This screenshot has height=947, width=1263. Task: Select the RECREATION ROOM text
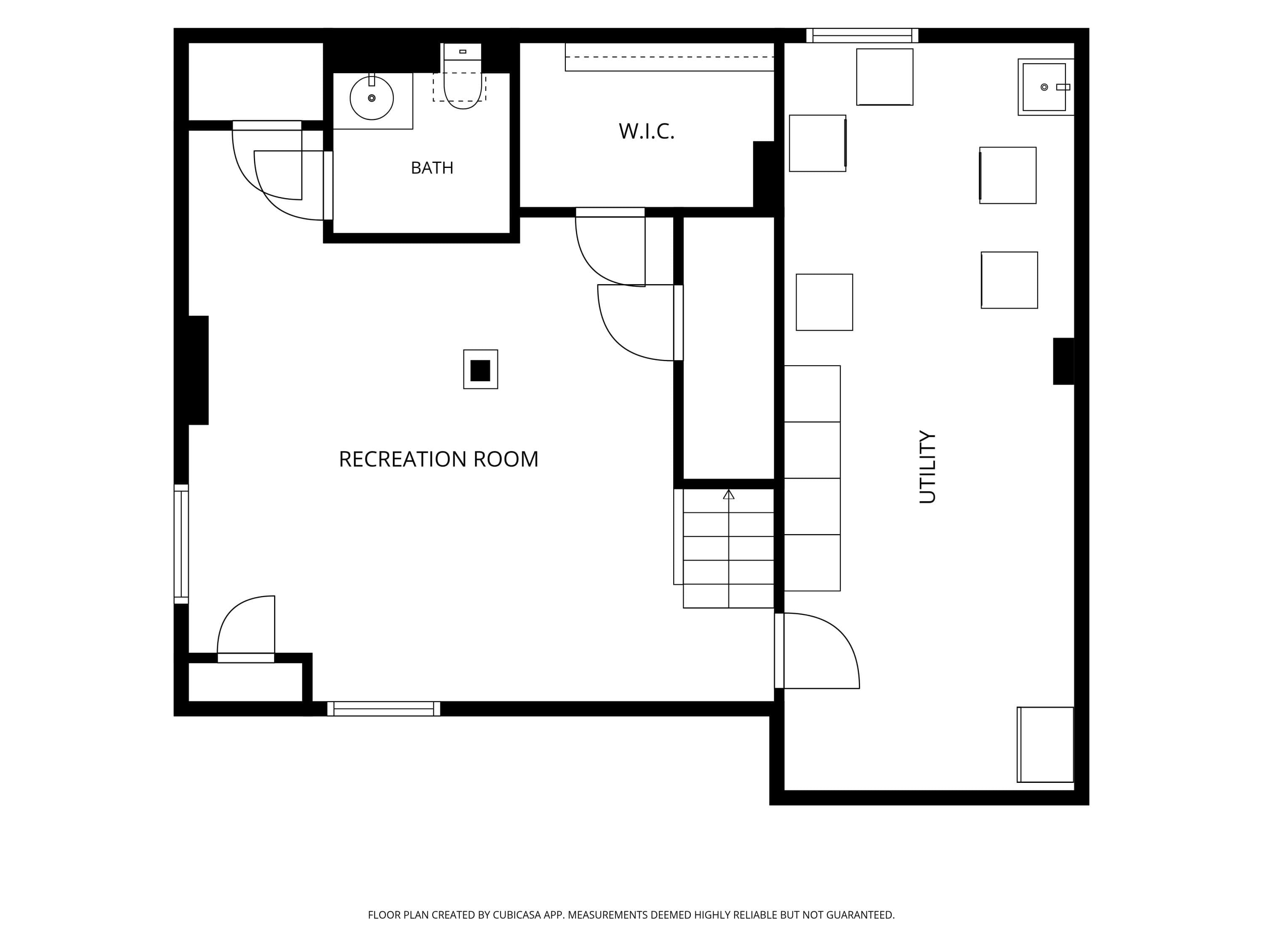[439, 459]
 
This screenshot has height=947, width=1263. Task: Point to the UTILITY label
[927, 467]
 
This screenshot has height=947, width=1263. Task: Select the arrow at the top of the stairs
[729, 495]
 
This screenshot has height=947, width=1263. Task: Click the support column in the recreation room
[480, 370]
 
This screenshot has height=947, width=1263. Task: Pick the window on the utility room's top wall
[862, 35]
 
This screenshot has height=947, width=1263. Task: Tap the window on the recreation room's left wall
[181, 544]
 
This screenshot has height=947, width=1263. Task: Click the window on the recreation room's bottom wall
[384, 708]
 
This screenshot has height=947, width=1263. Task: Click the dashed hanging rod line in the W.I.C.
[669, 57]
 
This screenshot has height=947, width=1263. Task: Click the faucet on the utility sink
[1063, 87]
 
